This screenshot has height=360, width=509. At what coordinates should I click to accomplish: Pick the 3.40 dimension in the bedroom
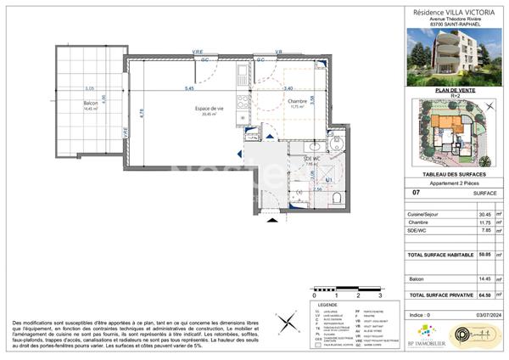[288, 88]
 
